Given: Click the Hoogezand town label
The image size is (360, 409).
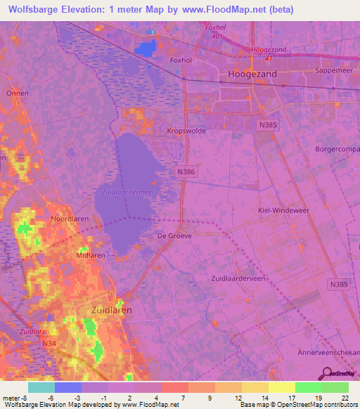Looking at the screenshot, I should (x=252, y=73).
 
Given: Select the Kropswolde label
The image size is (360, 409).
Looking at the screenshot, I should (x=186, y=131).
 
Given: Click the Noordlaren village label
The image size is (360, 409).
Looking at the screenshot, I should (x=69, y=219).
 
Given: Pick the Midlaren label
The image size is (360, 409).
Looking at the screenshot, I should (x=90, y=256).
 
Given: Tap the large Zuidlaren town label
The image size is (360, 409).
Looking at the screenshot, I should (x=112, y=309).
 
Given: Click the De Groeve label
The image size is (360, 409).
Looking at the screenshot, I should (x=174, y=236).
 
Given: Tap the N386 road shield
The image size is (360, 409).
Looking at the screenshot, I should (x=185, y=171).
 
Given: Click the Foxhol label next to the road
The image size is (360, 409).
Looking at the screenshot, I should (x=181, y=60).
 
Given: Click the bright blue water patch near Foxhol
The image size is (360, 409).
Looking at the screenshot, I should (x=147, y=48).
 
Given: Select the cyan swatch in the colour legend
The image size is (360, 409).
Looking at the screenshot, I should (x=41, y=387).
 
